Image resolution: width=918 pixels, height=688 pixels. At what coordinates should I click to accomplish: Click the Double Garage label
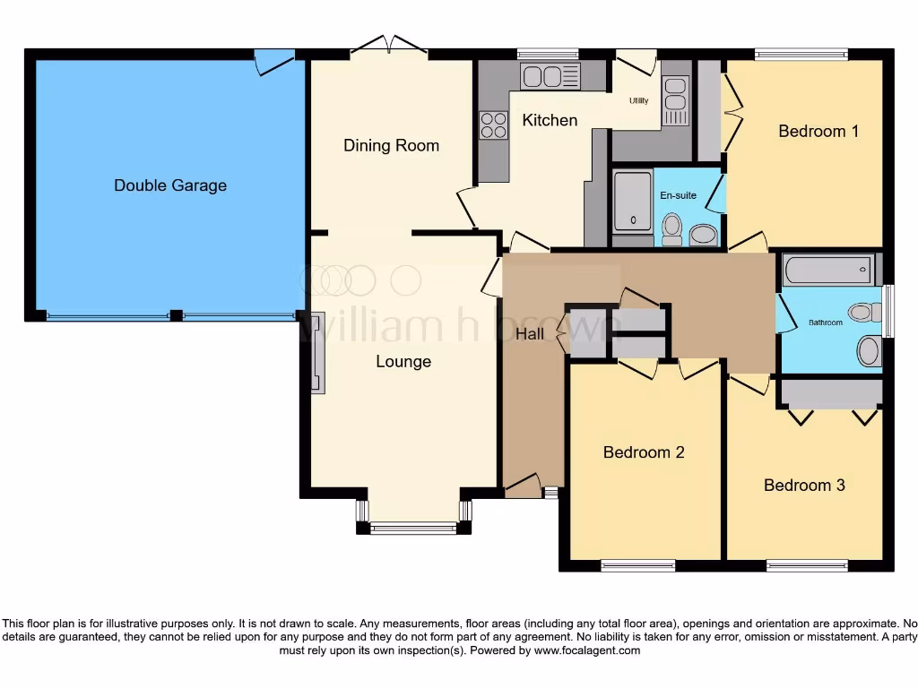point(170,185)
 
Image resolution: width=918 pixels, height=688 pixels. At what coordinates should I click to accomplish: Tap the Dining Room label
point(391,146)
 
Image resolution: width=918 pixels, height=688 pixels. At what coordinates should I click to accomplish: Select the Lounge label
point(403,362)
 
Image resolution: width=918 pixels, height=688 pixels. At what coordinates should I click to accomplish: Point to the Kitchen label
point(550,120)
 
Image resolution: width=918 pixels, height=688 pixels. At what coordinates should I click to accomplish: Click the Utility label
point(638,100)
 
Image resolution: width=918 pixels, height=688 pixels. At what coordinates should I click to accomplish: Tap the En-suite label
point(678,195)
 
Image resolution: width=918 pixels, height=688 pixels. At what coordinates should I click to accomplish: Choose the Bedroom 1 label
point(818,131)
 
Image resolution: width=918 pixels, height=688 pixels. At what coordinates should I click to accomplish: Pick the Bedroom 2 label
point(644,452)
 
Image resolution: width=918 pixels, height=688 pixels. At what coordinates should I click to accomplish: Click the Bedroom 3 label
point(804,485)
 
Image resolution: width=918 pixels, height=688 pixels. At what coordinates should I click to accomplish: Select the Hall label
point(530,333)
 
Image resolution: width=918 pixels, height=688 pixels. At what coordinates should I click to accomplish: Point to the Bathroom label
point(826,322)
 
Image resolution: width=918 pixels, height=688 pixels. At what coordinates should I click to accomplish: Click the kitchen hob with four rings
point(494,125)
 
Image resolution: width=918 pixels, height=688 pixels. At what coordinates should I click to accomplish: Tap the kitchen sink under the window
point(551,77)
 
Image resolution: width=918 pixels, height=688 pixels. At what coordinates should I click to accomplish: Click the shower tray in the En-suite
point(632,202)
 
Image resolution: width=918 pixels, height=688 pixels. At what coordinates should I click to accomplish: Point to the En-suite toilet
point(672,229)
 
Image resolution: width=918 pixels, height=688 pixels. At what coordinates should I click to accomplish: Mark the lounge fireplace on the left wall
point(317,352)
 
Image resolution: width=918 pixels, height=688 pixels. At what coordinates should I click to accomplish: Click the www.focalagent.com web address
point(586,650)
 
